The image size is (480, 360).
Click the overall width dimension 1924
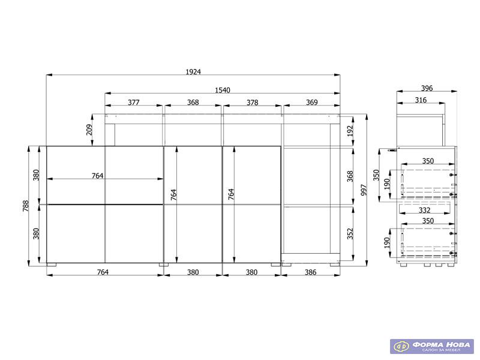(x=193, y=71)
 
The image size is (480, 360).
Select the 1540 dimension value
(x=223, y=91)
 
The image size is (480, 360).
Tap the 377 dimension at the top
(x=134, y=102)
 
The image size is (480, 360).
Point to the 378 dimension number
(x=253, y=102)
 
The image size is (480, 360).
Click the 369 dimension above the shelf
(x=312, y=102)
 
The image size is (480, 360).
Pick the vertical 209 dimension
(x=89, y=130)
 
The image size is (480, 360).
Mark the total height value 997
(x=364, y=190)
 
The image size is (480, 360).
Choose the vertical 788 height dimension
(x=25, y=206)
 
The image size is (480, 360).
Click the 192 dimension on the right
(x=350, y=131)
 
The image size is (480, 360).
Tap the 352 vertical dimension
(x=350, y=233)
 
